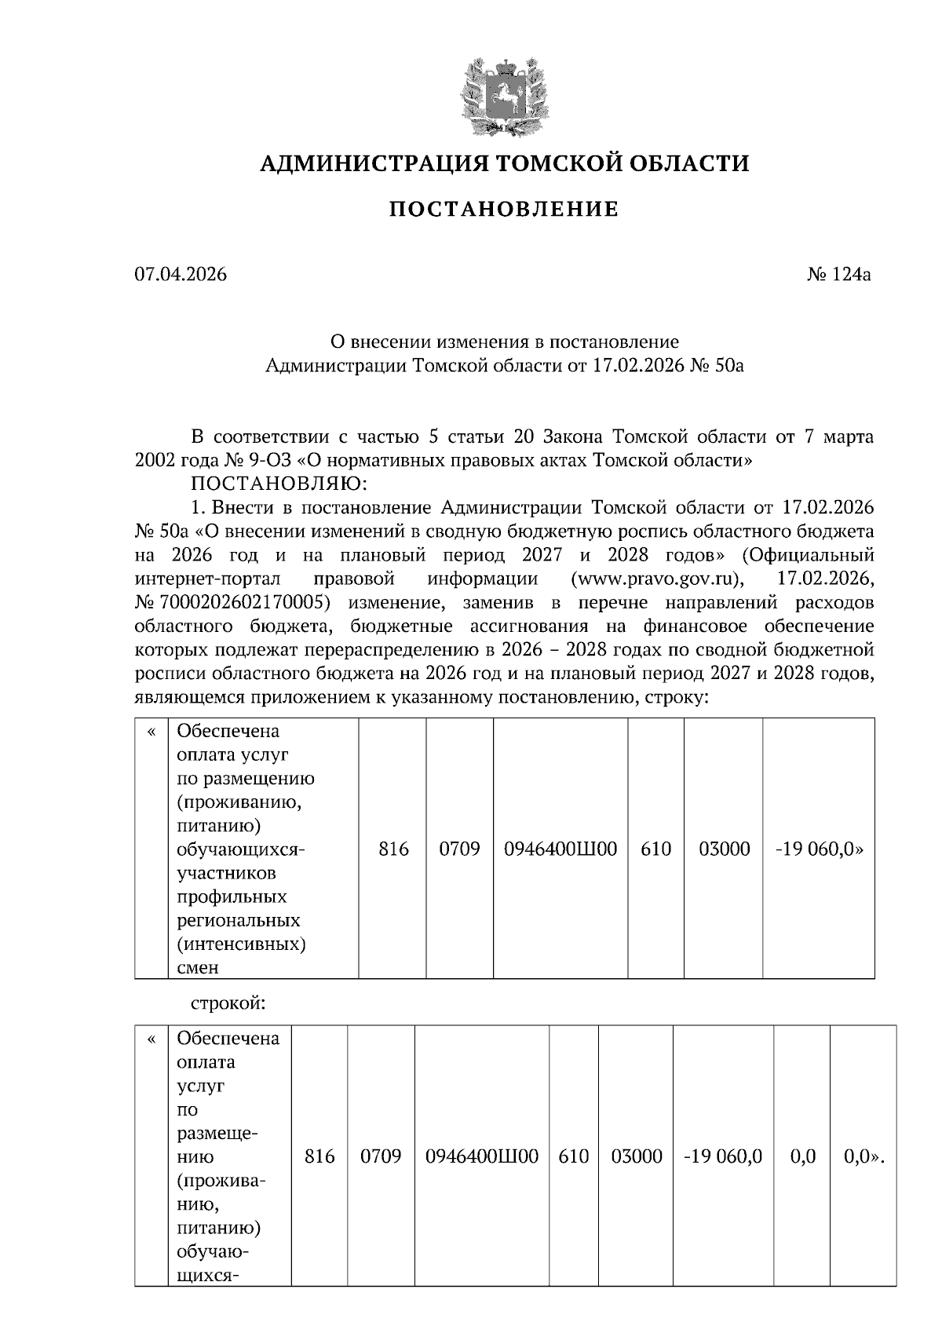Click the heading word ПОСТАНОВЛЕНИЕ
[x=504, y=210]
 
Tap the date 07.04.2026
[x=181, y=275]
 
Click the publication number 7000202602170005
[x=240, y=603]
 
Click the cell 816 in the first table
[x=393, y=849]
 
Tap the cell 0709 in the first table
[x=459, y=849]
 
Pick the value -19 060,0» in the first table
[x=819, y=849]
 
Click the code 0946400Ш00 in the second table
[x=481, y=1156]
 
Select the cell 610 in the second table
[x=574, y=1156]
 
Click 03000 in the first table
[x=724, y=849]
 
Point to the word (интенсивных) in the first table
[x=241, y=943]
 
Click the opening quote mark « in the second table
[x=152, y=1039]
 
